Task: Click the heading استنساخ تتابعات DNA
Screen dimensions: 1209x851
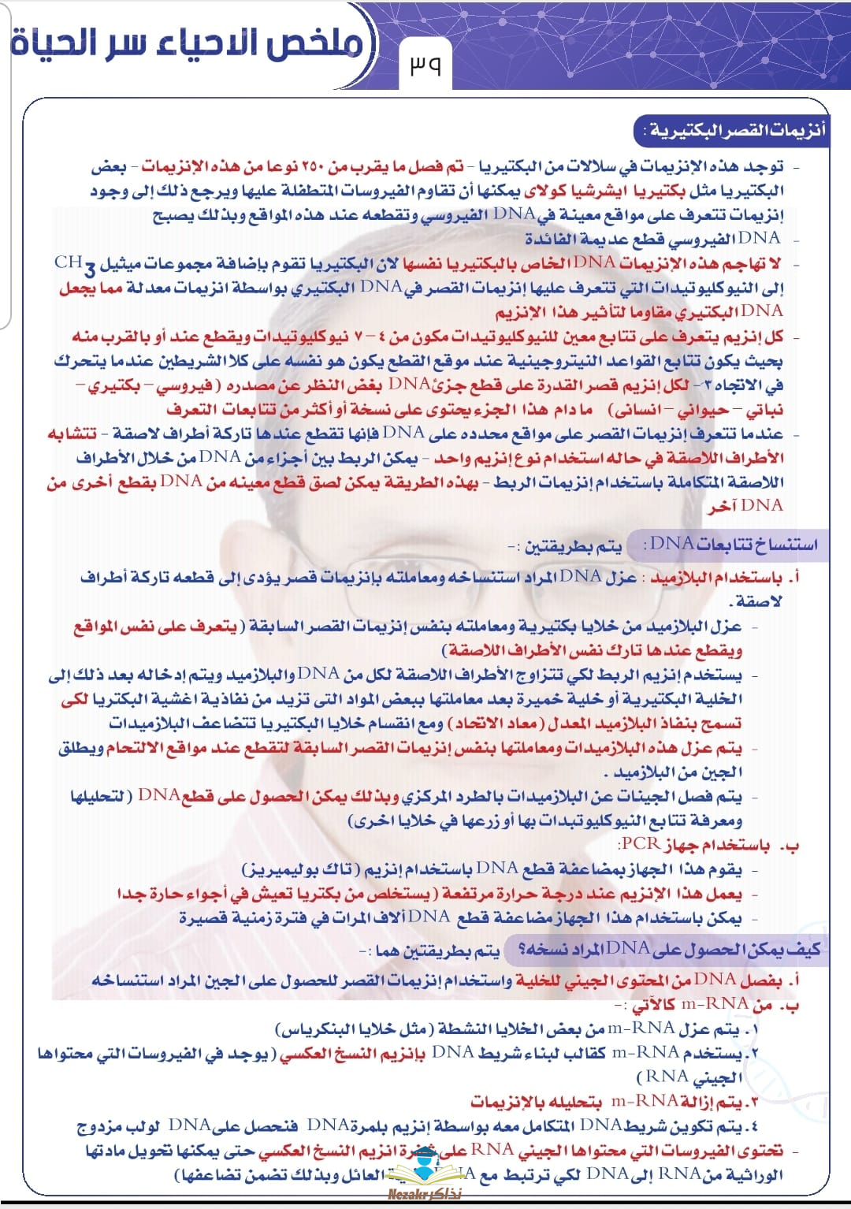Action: tap(731, 544)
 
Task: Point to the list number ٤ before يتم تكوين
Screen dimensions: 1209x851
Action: tap(754, 1125)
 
